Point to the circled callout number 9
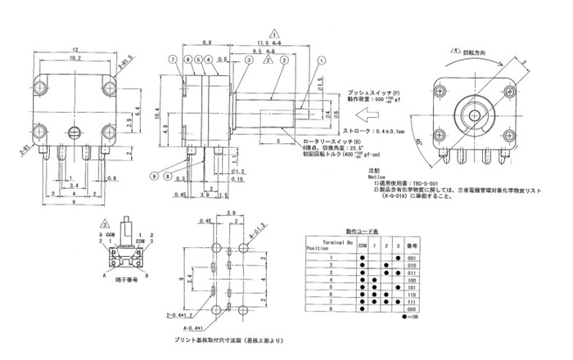153,176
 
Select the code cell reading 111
412,300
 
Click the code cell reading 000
412,311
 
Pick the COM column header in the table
363,245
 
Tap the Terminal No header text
332,242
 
